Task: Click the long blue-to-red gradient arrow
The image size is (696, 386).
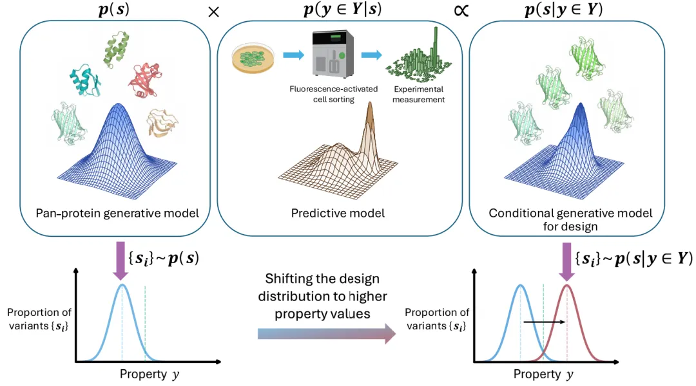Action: point(326,333)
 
